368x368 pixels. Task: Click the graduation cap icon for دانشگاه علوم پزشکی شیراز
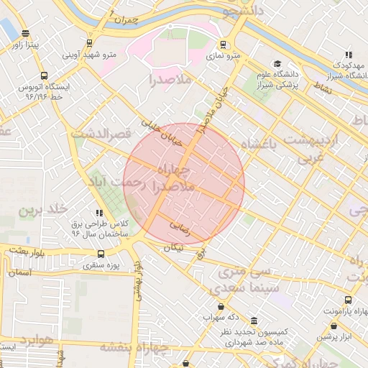tap(277, 64)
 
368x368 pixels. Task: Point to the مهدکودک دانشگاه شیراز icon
tap(349, 55)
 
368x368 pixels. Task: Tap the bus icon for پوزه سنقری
tap(100, 254)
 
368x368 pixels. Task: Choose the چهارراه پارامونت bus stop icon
tap(349, 300)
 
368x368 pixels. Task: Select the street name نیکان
tap(174, 247)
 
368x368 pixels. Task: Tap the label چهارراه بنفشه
tap(134, 347)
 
